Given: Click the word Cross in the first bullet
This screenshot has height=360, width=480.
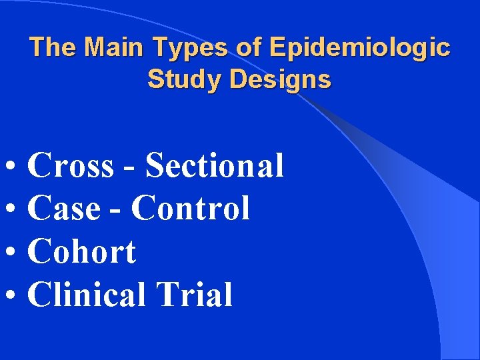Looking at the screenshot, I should click(x=71, y=165).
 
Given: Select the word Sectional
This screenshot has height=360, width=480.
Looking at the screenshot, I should click(x=215, y=165).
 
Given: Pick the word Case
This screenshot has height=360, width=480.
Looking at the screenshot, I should click(x=62, y=209).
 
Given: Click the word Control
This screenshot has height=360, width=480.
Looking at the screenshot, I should click(x=191, y=209).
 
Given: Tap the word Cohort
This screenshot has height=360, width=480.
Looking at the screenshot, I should click(x=82, y=252).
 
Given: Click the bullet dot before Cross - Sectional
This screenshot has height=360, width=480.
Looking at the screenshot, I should click(x=13, y=167).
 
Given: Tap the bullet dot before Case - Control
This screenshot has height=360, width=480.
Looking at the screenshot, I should click(x=13, y=210).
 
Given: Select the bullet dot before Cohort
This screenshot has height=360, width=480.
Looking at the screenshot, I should click(x=13, y=253).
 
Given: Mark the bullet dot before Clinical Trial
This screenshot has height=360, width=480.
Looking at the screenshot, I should click(x=13, y=296).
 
